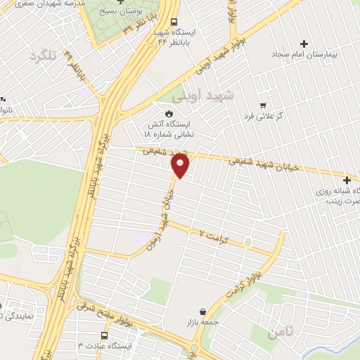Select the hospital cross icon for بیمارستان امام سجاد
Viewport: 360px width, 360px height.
pyautogui.click(x=304, y=43)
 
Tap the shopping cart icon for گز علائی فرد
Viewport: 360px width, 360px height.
pyautogui.click(x=262, y=105)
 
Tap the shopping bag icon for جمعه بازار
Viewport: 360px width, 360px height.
pyautogui.click(x=202, y=311)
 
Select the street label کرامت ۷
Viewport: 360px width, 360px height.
pyautogui.click(x=213, y=232)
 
